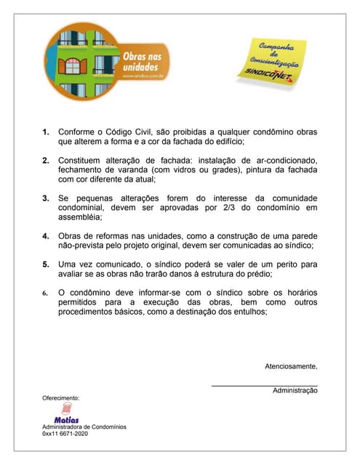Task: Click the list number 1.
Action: pyautogui.click(x=46, y=132)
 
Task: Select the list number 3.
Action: pyautogui.click(x=46, y=198)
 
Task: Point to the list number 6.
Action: pyautogui.click(x=46, y=293)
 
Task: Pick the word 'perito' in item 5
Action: pyautogui.click(x=274, y=264)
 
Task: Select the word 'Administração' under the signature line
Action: pyautogui.click(x=295, y=391)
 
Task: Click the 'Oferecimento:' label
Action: pyautogui.click(x=61, y=398)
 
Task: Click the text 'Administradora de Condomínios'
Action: pyautogui.click(x=84, y=426)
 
